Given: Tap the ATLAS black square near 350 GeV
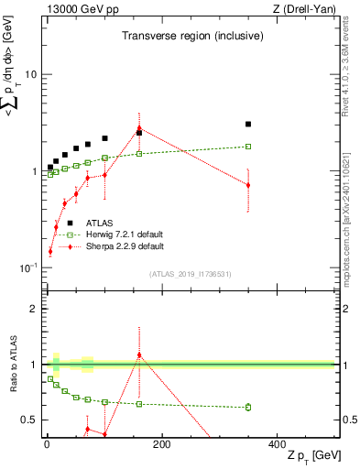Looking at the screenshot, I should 248,124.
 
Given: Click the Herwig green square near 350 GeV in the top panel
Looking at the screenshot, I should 248,147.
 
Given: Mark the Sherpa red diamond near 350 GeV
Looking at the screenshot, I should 248,185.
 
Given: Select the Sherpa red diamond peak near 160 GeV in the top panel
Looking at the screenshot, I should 139,128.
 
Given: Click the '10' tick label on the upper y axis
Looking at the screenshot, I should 30,74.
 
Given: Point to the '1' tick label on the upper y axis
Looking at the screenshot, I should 34,171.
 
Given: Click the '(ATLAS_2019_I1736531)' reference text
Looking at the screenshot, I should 190,273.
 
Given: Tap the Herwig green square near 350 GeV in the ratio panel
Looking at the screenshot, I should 248,407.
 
